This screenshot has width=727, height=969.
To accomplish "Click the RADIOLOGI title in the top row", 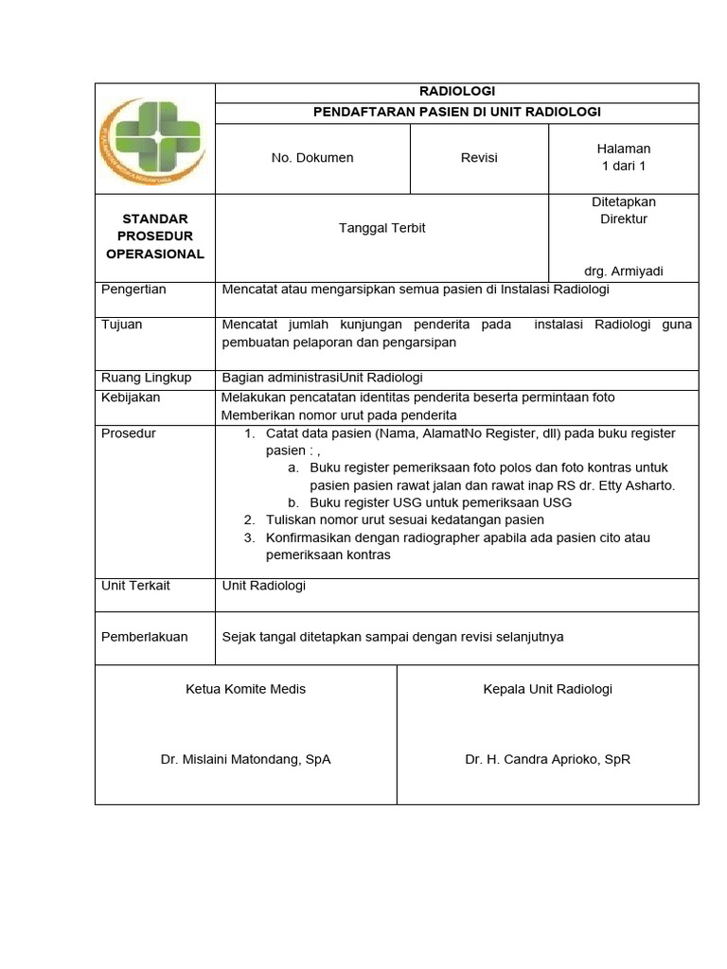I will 457,92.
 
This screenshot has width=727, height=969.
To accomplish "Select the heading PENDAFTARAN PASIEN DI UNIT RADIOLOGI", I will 457,113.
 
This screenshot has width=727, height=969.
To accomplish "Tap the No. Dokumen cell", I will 312,158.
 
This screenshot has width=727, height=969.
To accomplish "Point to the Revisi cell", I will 479,158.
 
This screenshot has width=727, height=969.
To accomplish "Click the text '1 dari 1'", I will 624,167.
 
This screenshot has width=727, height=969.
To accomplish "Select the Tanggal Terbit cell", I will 382,228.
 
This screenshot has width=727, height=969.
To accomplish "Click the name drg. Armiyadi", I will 624,272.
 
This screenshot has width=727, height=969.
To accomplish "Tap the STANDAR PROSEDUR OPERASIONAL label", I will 155,237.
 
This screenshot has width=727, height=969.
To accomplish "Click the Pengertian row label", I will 133,290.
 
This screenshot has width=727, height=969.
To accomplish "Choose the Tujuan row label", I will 122,325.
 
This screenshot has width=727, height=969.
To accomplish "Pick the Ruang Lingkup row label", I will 146,378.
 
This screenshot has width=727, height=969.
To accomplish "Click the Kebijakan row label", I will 131,397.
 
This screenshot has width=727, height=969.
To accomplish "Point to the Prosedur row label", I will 129,433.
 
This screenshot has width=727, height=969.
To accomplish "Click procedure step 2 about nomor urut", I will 404,520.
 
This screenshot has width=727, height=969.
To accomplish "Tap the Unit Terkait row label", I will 135,586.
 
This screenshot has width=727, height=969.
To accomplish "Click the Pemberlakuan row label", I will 144,637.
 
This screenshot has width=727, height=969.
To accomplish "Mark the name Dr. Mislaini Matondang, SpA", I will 246,759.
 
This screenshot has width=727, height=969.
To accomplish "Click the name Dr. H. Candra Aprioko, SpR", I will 547,759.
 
